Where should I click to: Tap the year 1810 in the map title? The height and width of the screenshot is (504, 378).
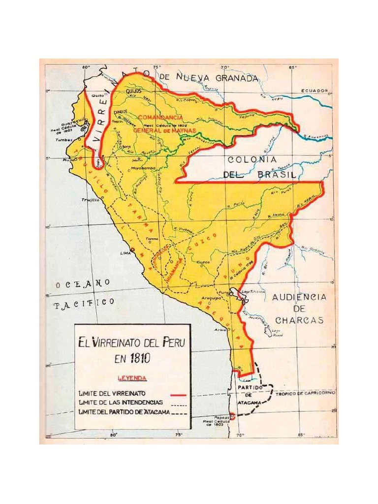[139, 359]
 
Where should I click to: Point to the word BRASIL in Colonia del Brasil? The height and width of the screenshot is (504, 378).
[277, 175]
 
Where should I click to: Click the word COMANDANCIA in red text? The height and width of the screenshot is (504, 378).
[160, 118]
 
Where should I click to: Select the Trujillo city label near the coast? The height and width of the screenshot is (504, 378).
[90, 200]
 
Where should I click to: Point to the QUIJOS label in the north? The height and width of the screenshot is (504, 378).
[133, 92]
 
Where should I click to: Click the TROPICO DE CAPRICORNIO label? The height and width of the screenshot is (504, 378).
[305, 394]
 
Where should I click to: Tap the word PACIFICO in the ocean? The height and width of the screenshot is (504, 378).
[84, 304]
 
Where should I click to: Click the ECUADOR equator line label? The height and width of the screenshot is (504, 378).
[315, 91]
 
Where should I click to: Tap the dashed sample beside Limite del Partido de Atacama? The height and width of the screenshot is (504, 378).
[180, 412]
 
